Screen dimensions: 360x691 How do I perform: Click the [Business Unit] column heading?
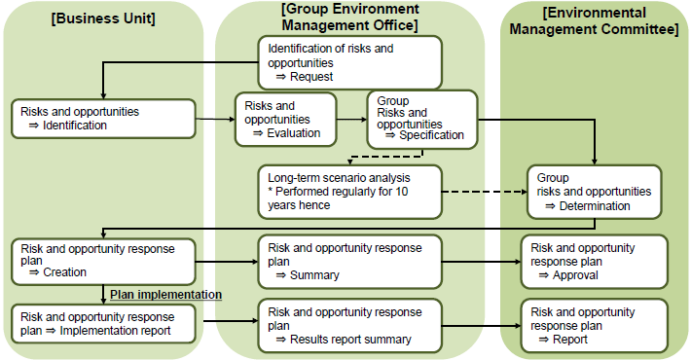[103, 19]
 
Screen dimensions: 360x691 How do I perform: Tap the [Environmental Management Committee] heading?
[595, 20]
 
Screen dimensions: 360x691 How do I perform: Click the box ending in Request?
[349, 62]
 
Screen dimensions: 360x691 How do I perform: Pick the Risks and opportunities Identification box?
[103, 118]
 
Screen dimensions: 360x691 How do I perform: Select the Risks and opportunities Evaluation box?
[285, 119]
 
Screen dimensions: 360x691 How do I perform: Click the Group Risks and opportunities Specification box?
[421, 119]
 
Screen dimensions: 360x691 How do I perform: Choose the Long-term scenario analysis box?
[349, 191]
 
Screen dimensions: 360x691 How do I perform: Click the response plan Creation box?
[103, 260]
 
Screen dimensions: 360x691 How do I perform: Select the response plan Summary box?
[349, 262]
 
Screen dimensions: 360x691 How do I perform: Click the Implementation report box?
[103, 323]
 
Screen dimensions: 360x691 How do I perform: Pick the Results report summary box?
[349, 325]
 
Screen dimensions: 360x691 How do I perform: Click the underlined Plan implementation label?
[166, 294]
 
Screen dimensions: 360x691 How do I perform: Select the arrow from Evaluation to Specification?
[351, 120]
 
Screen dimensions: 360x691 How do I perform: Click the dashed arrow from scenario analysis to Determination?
[484, 191]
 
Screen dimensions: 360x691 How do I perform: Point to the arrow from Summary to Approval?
[481, 262]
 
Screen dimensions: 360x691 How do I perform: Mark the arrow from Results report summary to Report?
[481, 326]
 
